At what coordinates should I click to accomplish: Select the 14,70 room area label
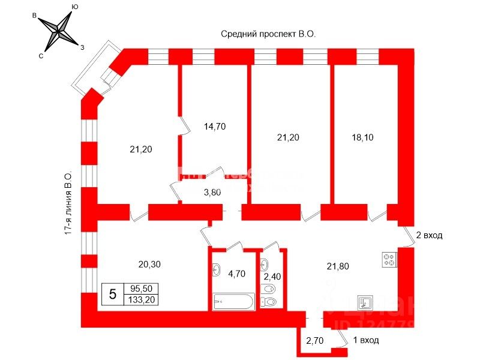point(215,127)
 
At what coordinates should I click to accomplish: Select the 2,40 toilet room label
point(272,277)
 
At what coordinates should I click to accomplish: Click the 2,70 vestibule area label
point(315,341)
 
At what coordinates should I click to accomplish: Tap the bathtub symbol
point(233,301)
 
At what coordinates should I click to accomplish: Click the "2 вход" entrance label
point(428,235)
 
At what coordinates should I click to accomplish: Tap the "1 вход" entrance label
point(365,340)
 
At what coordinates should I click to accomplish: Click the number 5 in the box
point(112,294)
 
